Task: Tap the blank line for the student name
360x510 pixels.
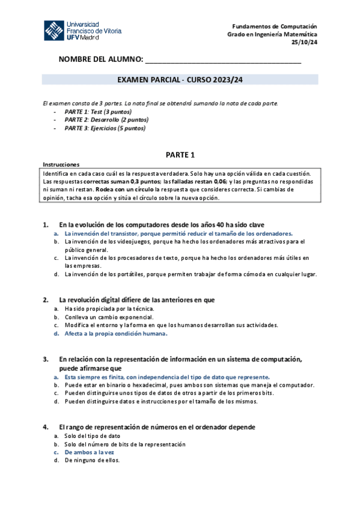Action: pos(223,61)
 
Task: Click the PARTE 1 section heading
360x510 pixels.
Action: pos(180,155)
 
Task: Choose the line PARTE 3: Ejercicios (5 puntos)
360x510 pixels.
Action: pos(97,128)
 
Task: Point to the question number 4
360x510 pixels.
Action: pos(45,427)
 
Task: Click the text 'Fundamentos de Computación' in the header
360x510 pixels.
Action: pos(276,27)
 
